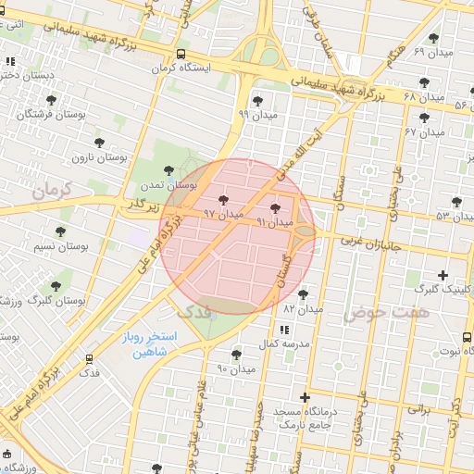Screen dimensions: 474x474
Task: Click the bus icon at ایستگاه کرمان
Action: click(x=181, y=54)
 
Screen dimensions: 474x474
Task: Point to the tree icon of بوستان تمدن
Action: click(x=168, y=169)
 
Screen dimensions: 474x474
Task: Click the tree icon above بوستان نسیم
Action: click(x=61, y=231)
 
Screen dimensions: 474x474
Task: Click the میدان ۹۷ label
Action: click(x=223, y=213)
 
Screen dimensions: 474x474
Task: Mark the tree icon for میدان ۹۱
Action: click(x=274, y=208)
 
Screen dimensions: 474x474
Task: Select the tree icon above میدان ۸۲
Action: click(x=303, y=293)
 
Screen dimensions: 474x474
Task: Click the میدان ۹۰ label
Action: click(x=235, y=369)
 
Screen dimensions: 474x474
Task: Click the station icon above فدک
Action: click(x=90, y=358)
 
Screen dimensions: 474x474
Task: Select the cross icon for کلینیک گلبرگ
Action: click(x=443, y=275)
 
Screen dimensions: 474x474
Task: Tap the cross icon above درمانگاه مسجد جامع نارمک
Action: click(x=305, y=397)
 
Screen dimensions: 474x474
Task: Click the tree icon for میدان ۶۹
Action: click(x=433, y=38)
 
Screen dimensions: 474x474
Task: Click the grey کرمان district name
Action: click(x=52, y=191)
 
